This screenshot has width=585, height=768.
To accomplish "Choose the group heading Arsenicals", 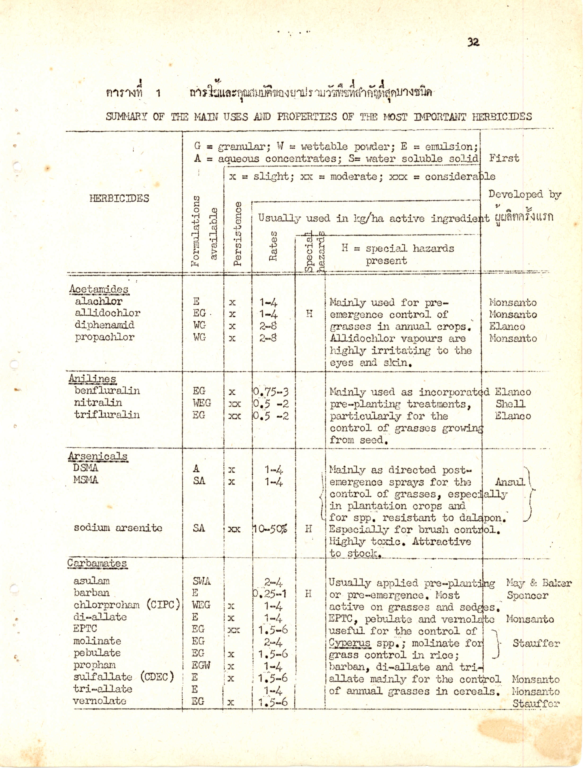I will click(x=98, y=456).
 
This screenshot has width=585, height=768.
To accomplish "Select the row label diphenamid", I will click(x=105, y=325).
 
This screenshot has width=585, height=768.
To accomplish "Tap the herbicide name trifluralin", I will click(x=107, y=415).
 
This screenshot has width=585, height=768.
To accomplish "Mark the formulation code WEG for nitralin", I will click(x=202, y=403).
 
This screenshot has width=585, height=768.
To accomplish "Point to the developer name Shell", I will click(x=511, y=404).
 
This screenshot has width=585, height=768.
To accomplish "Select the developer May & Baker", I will click(x=539, y=583).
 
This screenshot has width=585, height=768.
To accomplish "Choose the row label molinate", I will click(x=97, y=641).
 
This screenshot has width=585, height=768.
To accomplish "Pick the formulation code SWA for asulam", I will click(x=202, y=581).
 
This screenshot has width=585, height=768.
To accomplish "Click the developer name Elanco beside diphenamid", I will click(x=507, y=327).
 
